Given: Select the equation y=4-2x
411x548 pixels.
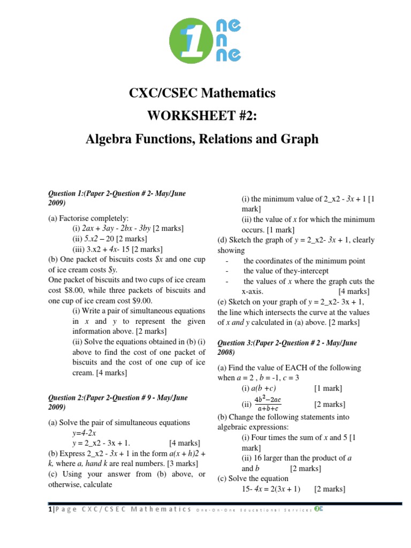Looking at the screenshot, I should pyautogui.click(x=84, y=432).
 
